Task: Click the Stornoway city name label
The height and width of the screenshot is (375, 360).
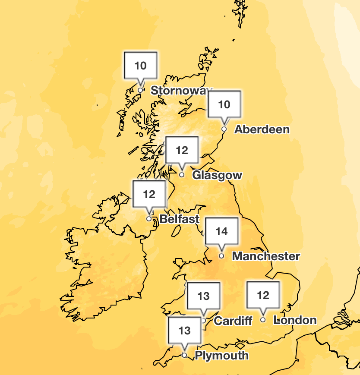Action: [181, 91]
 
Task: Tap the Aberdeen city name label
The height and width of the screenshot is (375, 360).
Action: [262, 129]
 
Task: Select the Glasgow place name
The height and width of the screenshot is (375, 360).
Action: [217, 175]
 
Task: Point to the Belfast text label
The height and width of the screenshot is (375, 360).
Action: [180, 219]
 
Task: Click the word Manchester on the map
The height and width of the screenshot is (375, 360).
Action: [266, 256]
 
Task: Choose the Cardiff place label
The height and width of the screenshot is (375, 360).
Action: [233, 321]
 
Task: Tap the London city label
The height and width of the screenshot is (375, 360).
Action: [295, 320]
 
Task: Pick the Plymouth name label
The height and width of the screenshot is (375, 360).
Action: [222, 356]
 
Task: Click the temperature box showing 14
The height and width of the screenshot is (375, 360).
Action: [221, 232]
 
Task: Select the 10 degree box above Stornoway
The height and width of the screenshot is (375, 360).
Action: [140, 66]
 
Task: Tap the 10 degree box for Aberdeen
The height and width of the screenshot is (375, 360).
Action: [224, 105]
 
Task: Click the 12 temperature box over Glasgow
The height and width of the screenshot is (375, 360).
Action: [182, 151]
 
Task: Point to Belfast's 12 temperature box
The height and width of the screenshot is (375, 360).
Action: [149, 195]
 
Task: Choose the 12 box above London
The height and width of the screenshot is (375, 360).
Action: [263, 296]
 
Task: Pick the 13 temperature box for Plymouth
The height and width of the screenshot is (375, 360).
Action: [184, 331]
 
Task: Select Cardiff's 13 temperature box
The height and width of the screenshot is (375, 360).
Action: [203, 296]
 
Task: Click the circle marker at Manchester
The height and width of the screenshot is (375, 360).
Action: [221, 256]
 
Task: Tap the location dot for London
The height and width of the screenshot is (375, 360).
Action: [263, 320]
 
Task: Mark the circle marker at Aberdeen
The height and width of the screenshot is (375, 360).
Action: [224, 129]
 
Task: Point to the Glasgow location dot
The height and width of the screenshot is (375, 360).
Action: [182, 175]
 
